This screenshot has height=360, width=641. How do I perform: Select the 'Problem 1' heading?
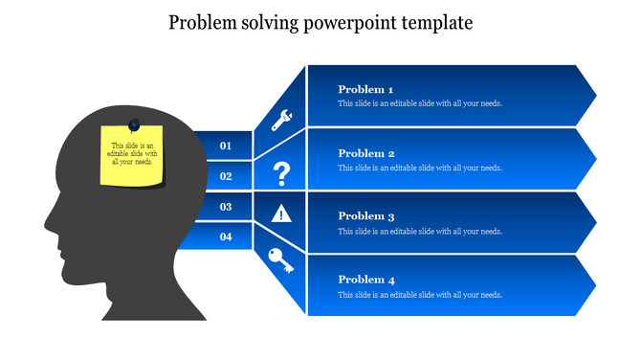(366, 89)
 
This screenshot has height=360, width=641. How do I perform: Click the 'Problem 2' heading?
(366, 153)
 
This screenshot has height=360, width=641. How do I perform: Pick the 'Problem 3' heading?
(366, 216)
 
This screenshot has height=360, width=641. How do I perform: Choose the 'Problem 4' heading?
(366, 280)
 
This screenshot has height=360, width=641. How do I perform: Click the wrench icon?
(281, 121)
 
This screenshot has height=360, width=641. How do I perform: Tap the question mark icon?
(281, 173)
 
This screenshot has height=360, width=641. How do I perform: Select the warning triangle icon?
(281, 213)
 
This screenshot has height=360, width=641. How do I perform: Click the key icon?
(281, 260)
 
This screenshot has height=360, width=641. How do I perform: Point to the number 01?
(226, 146)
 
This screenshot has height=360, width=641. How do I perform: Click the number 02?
(226, 176)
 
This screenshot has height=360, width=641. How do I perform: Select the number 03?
(226, 207)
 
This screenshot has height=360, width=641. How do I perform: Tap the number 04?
(226, 236)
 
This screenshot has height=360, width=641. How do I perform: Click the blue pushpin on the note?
(133, 124)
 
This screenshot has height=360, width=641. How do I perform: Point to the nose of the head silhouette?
(49, 222)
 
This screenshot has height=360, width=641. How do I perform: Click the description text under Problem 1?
(420, 103)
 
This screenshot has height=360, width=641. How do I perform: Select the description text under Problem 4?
(420, 295)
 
